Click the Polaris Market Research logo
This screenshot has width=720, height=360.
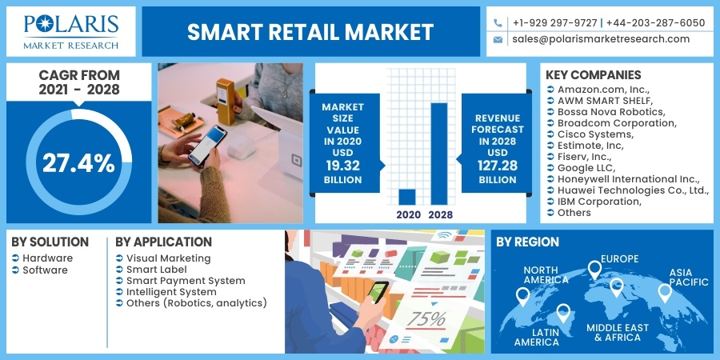(70, 30)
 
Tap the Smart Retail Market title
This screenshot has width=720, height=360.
(310, 32)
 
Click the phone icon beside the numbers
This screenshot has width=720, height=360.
(498, 23)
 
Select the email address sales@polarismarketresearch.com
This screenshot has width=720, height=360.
(601, 38)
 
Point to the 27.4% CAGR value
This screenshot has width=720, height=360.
(78, 163)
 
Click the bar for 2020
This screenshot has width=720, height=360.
(407, 197)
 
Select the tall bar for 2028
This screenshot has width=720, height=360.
(438, 153)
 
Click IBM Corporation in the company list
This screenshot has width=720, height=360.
(599, 201)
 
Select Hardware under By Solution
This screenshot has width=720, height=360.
(47, 258)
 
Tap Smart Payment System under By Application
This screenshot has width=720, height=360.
(186, 281)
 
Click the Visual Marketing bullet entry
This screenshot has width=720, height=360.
(168, 258)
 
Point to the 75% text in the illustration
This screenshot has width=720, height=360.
(426, 318)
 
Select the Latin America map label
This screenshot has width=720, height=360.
(537, 336)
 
